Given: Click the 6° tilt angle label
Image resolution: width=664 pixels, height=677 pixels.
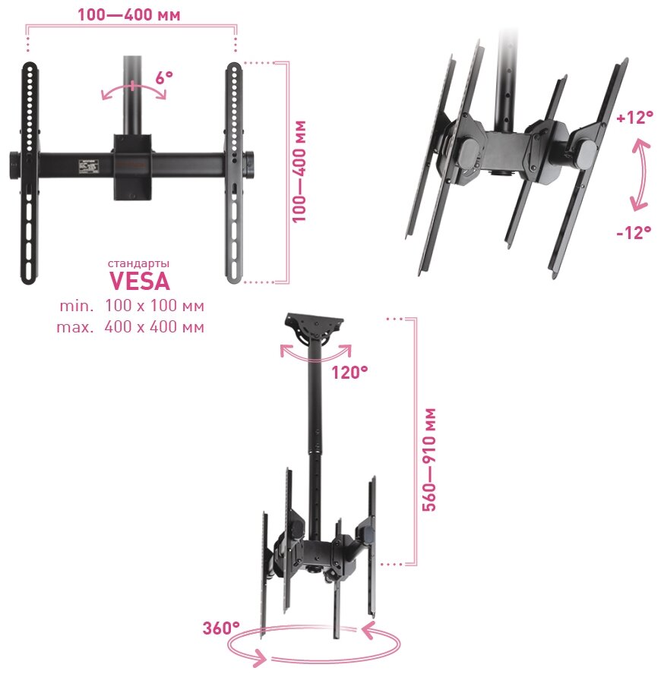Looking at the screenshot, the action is (x=164, y=77).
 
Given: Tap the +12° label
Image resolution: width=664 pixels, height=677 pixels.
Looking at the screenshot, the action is (x=634, y=118).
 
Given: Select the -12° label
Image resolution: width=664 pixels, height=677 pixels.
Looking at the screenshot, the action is (x=634, y=232).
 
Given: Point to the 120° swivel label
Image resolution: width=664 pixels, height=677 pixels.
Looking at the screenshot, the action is (x=349, y=372).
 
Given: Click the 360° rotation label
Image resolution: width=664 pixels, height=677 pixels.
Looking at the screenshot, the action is (x=221, y=628).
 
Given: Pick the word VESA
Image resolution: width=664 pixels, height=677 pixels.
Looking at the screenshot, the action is (x=139, y=282).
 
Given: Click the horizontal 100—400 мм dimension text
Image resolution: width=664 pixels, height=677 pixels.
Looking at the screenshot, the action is (x=131, y=14).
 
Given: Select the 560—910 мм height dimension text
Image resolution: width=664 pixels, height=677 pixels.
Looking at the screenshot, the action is (x=429, y=459).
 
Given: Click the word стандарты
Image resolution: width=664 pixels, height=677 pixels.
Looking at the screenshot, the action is (x=139, y=263).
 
